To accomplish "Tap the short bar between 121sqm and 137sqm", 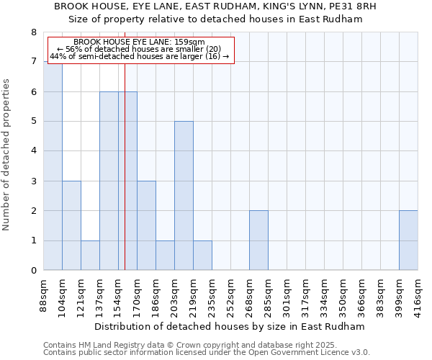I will click(x=90, y=256).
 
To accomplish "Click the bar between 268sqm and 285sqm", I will click(x=258, y=240).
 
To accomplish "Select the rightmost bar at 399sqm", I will click(x=408, y=240).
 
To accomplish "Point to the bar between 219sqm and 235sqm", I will click(x=202, y=256).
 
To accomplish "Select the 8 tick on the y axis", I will click(x=33, y=32).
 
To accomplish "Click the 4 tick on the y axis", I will click(x=33, y=151).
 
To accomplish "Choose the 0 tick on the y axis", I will click(x=33, y=271).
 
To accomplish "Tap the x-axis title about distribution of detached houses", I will click(x=230, y=326).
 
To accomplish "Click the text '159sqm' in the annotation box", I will click(x=191, y=42).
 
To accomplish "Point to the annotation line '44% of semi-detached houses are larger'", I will click(x=139, y=56).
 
